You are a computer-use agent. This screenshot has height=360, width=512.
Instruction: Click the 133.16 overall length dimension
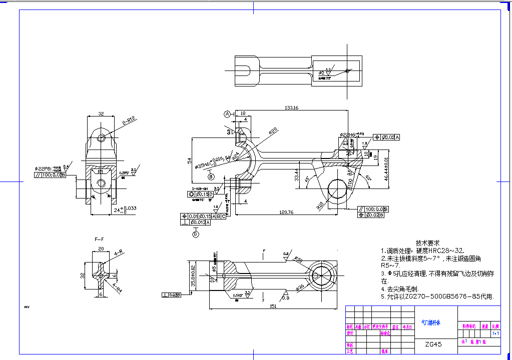pyautogui.click(x=291, y=107)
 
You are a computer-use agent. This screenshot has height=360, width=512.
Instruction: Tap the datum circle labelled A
pyautogui.click(x=227, y=114)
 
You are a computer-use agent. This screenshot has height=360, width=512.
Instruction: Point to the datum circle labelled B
pyautogui.click(x=211, y=176)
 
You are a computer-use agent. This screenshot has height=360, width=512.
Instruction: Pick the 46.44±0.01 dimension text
pyautogui.click(x=386, y=167)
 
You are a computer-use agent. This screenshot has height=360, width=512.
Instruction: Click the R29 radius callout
pyautogui.click(x=273, y=131)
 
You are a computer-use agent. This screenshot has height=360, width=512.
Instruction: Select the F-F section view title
pyautogui.click(x=99, y=239)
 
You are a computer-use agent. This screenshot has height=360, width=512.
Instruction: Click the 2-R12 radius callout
pyautogui.click(x=129, y=120)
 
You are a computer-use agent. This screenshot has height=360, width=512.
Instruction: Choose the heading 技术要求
pyautogui.click(x=428, y=242)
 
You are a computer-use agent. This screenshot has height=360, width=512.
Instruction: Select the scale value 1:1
pyautogui.click(x=495, y=333)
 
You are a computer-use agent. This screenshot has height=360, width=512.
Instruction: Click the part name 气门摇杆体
pyautogui.click(x=431, y=323)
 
